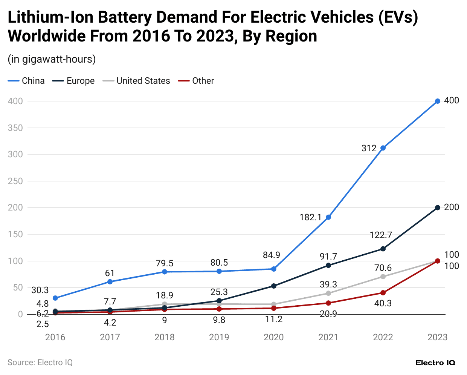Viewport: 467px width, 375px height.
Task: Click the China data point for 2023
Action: (x=437, y=101)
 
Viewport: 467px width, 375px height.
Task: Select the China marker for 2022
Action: (x=383, y=148)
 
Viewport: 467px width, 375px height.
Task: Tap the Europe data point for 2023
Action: (x=437, y=207)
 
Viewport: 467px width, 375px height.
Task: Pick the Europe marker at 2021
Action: (x=328, y=265)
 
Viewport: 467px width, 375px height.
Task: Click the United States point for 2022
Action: (x=383, y=277)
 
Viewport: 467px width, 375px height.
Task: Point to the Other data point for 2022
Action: (x=383, y=293)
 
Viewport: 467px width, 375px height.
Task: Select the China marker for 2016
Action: (x=55, y=298)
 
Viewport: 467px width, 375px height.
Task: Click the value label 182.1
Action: (x=310, y=217)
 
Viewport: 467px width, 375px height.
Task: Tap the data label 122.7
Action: (x=381, y=235)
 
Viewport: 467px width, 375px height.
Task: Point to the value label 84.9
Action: (x=272, y=255)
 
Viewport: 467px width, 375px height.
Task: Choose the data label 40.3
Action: (x=383, y=303)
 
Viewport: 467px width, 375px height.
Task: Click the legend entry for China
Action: (x=26, y=81)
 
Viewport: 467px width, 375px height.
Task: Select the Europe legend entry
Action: (x=74, y=81)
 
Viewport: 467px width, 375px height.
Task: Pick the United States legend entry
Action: (x=136, y=81)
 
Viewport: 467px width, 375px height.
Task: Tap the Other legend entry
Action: (x=196, y=81)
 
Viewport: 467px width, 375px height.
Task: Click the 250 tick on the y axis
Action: (x=15, y=181)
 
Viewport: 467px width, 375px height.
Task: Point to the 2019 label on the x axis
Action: (x=219, y=337)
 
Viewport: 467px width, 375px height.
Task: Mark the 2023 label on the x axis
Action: (x=437, y=337)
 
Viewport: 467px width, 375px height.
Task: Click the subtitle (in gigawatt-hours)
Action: (x=52, y=59)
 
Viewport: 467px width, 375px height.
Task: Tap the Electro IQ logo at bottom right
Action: (x=435, y=363)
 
